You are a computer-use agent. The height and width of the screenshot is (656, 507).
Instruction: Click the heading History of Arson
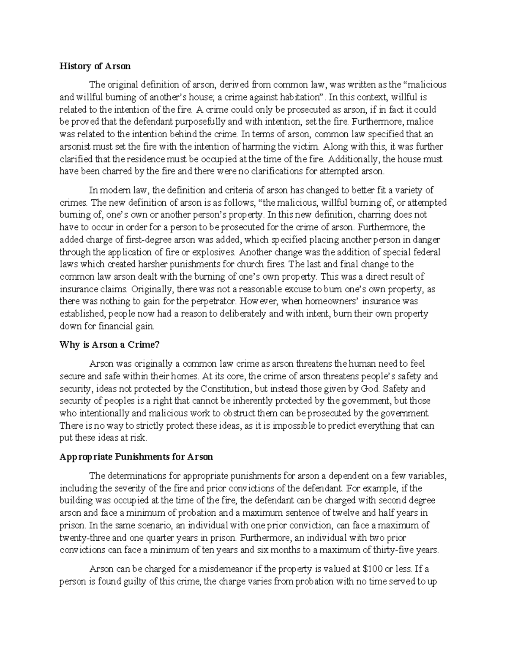tap(95, 66)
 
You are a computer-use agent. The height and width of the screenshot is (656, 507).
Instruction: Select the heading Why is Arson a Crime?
tap(109, 345)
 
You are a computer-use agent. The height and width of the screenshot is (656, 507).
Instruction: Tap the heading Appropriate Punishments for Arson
tap(136, 457)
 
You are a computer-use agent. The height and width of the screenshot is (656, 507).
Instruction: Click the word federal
tap(428, 252)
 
